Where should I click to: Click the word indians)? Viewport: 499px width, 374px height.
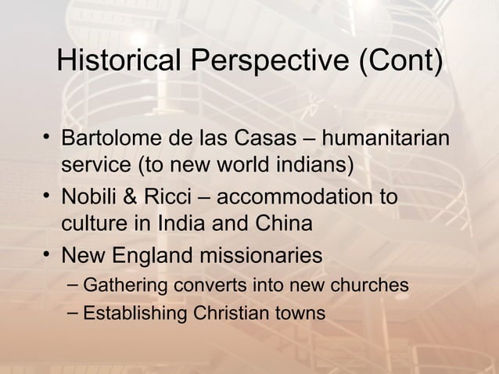[314, 166]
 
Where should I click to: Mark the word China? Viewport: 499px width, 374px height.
[283, 223]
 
